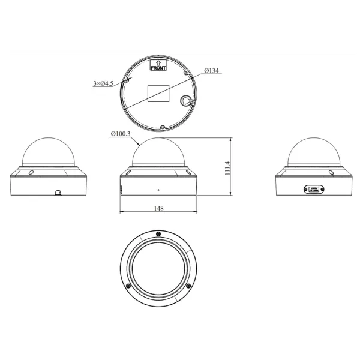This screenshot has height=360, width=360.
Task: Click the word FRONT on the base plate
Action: click(158, 68)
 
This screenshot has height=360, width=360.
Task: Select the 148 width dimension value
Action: click(158, 208)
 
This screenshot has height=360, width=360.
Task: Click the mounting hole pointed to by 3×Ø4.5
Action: click(128, 79)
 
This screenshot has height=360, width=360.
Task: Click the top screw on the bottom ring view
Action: click(157, 233)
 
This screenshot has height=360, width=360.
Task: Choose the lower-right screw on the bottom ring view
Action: click(187, 285)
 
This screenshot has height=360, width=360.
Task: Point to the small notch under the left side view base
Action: click(58, 193)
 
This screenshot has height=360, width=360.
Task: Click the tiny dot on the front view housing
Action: click(158, 190)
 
